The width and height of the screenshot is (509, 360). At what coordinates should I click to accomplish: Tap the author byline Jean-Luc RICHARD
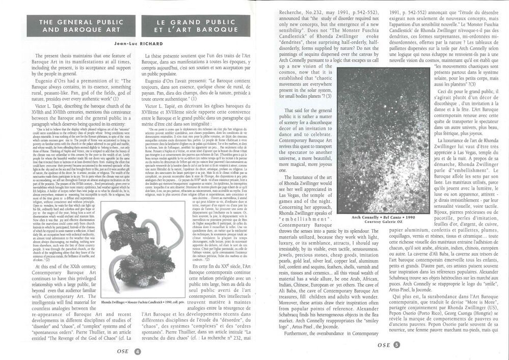tap(129, 44)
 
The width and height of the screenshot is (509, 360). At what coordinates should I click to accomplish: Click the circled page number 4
tap(137, 351)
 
